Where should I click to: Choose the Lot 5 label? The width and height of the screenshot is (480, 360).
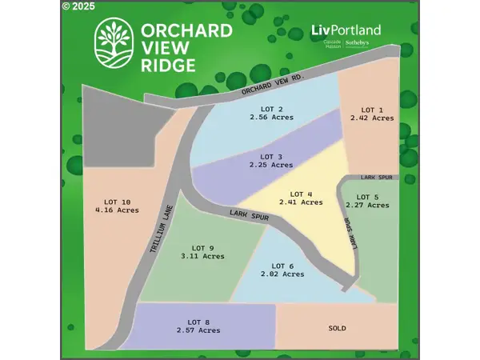coord(367,197)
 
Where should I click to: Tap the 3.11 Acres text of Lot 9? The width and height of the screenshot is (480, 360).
coord(202,256)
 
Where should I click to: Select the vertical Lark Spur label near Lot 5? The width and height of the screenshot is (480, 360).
coord(350,232)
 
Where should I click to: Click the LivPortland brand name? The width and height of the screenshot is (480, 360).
coord(346,30)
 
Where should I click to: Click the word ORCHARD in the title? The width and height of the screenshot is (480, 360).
coord(186,30)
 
